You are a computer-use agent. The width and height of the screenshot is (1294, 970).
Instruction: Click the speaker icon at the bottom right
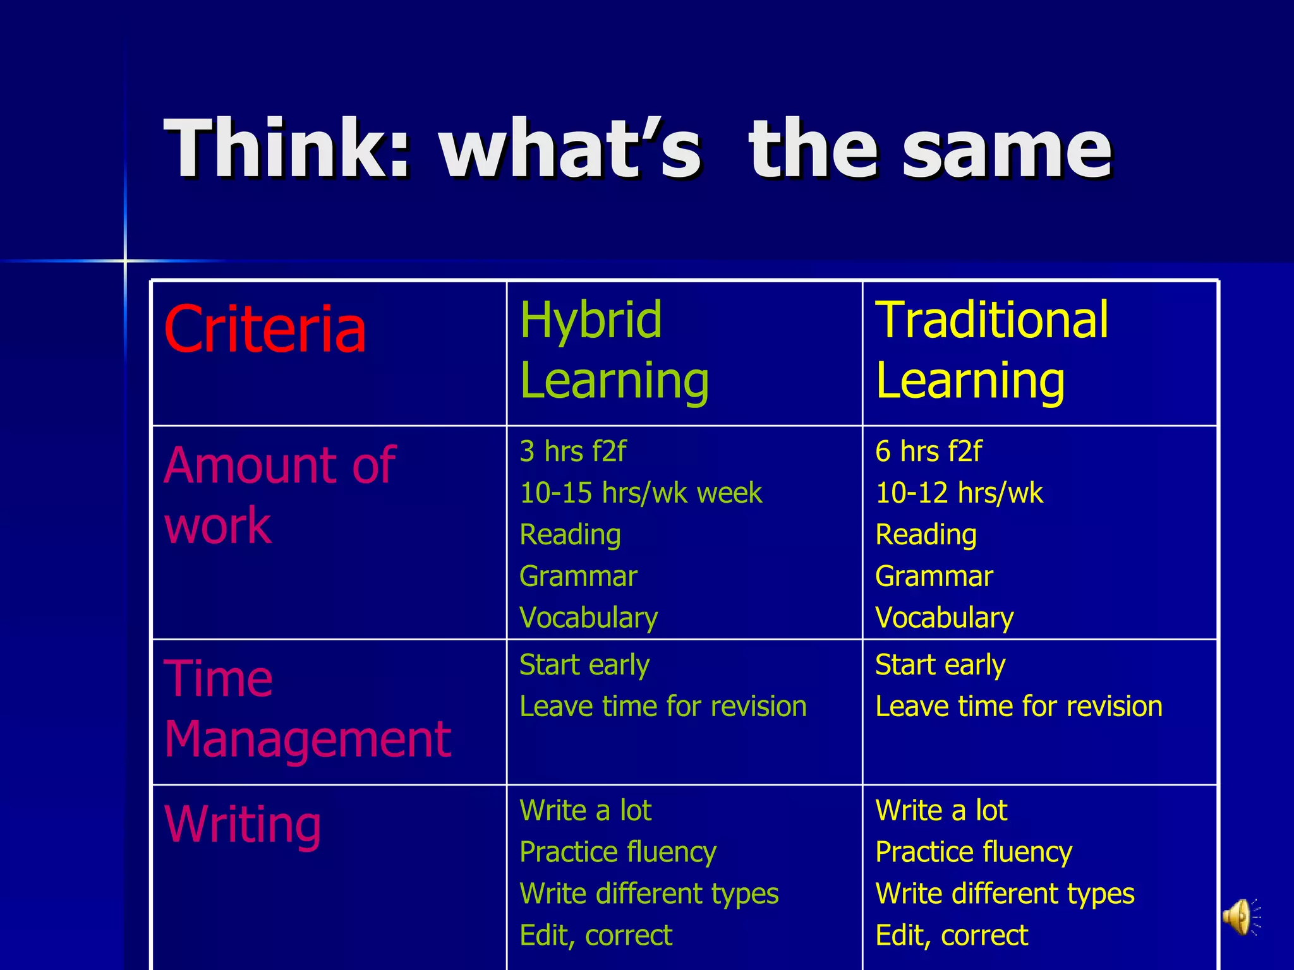pyautogui.click(x=1240, y=917)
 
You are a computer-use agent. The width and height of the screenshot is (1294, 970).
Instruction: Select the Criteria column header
pyautogui.click(x=265, y=329)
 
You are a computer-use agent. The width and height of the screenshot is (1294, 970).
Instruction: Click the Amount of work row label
pyautogui.click(x=279, y=494)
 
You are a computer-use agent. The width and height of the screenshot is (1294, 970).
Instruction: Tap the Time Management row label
pyautogui.click(x=307, y=708)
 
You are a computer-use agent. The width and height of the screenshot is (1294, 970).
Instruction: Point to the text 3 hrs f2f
pyautogui.click(x=572, y=452)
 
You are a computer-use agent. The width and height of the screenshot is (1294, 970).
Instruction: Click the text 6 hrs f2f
pyautogui.click(x=928, y=452)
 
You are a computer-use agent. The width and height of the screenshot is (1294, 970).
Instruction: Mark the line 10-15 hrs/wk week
pyautogui.click(x=641, y=493)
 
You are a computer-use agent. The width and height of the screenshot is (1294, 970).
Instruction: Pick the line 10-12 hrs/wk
pyautogui.click(x=958, y=493)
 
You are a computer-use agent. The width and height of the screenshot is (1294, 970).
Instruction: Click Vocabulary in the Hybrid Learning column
pyautogui.click(x=588, y=618)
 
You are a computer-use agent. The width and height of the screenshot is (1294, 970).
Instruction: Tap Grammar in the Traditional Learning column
pyautogui.click(x=934, y=576)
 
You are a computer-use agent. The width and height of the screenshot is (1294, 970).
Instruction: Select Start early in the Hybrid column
pyautogui.click(x=584, y=665)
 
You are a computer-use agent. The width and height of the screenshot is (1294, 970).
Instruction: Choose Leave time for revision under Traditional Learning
pyautogui.click(x=1019, y=706)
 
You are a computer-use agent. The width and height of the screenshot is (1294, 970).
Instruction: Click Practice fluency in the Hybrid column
pyautogui.click(x=617, y=852)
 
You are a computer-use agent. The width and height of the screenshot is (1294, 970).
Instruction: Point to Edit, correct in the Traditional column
pyautogui.click(x=952, y=935)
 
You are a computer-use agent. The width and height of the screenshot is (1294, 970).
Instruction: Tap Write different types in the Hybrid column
pyautogui.click(x=649, y=894)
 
